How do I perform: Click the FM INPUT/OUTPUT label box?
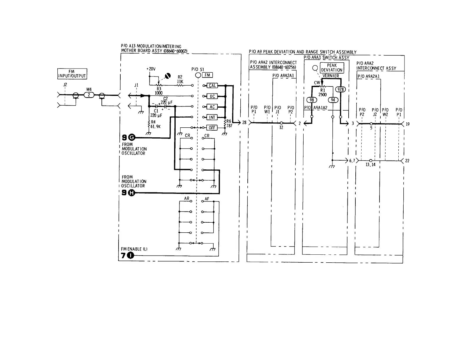click(x=72, y=74)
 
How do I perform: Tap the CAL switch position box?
click(x=212, y=86)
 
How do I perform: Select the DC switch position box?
click(x=212, y=96)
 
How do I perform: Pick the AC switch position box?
click(x=212, y=107)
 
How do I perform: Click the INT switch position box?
click(x=212, y=117)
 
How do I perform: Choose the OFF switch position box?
click(x=212, y=128)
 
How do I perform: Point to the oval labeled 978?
click(x=341, y=89)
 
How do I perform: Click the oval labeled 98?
click(x=312, y=100)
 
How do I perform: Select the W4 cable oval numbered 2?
click(x=89, y=95)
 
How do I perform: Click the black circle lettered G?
click(x=132, y=137)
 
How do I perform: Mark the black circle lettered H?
click(x=132, y=193)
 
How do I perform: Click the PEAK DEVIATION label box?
click(x=332, y=68)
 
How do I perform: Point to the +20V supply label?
click(x=151, y=69)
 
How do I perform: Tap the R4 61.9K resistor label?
click(x=154, y=124)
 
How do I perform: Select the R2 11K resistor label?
click(x=180, y=79)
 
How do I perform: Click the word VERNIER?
click(x=331, y=76)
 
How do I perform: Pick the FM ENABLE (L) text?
click(x=134, y=249)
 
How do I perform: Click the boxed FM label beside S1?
click(x=207, y=75)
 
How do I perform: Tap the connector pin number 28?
click(x=244, y=123)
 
